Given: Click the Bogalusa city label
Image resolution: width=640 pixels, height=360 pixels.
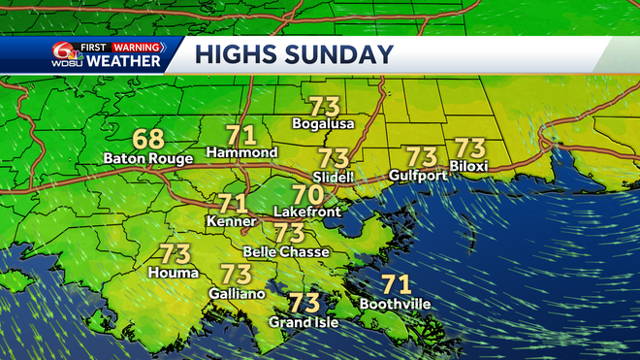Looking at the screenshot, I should (x=324, y=124).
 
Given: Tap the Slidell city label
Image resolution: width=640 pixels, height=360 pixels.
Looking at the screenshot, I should (x=334, y=177).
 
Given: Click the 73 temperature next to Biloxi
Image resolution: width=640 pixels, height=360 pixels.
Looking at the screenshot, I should (x=470, y=148).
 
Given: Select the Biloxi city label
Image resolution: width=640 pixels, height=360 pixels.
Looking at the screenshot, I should (x=469, y=167).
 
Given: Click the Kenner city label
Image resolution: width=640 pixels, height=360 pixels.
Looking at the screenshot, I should (x=232, y=222).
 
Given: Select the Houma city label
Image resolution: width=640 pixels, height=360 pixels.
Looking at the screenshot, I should (x=175, y=274).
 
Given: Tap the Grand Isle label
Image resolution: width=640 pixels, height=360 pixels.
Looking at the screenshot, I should (x=304, y=321).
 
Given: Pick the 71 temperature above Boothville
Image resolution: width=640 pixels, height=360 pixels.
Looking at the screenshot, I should (x=395, y=285).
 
